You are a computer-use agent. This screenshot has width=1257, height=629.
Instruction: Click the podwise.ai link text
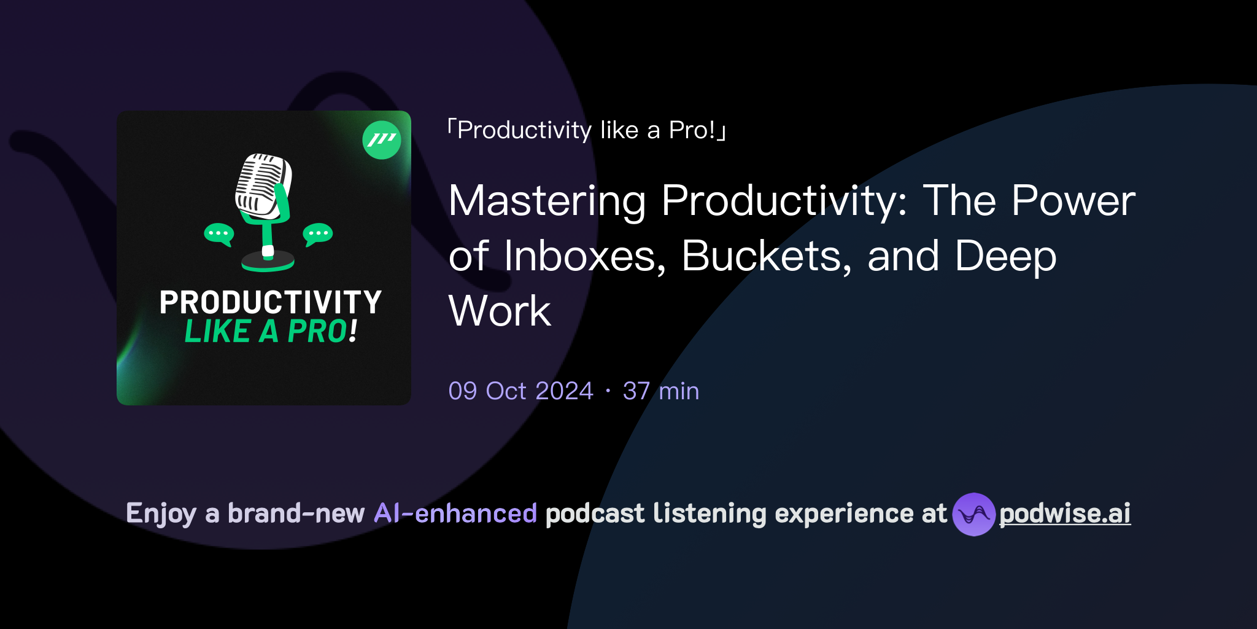1064,514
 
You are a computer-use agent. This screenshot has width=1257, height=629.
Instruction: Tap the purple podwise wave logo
973,514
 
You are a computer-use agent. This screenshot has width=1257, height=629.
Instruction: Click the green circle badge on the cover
382,140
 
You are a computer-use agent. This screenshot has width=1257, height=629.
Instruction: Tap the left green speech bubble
219,234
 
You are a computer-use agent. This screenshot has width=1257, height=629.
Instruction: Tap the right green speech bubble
318,234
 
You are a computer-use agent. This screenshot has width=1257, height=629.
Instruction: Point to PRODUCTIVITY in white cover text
271,302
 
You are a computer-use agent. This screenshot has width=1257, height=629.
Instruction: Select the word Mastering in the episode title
547,201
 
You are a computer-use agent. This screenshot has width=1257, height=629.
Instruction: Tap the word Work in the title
500,311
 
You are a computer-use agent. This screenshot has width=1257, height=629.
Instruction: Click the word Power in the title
1073,201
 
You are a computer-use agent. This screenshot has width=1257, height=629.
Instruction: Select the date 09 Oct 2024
520,391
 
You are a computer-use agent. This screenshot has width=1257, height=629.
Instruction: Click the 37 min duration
660,391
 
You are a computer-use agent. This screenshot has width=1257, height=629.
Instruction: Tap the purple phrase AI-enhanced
455,514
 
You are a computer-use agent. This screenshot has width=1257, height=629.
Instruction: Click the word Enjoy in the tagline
161,514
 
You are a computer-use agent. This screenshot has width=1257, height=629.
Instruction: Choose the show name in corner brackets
586,130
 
